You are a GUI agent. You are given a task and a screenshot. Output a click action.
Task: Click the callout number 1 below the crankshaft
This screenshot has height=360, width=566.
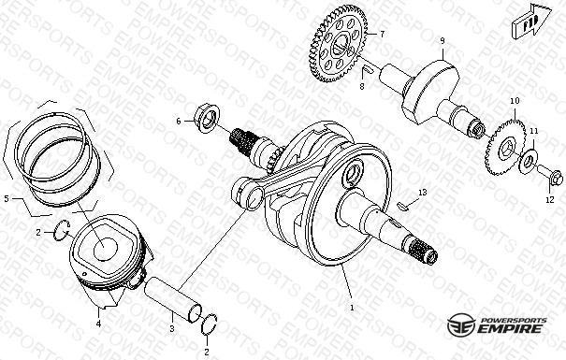tap(352, 308)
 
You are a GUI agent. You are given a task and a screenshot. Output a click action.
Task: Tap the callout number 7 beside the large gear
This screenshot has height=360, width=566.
tap(382, 35)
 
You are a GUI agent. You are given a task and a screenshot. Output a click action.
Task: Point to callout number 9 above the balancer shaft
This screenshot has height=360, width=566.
tap(443, 41)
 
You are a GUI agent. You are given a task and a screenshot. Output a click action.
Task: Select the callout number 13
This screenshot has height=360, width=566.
tap(422, 193)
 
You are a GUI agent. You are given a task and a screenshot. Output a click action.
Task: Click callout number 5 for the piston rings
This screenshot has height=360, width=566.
tap(7, 198)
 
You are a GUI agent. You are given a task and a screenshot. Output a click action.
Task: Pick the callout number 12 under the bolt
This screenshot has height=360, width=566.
tap(549, 199)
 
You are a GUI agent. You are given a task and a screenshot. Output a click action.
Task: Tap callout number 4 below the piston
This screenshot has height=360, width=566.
tap(98, 324)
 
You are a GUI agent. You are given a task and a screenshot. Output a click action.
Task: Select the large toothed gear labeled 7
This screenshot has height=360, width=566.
tap(338, 44)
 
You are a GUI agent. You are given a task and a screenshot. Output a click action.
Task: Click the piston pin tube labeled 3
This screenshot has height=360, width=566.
tap(172, 299)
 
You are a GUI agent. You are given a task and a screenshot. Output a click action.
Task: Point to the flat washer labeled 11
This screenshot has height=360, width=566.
tap(528, 161)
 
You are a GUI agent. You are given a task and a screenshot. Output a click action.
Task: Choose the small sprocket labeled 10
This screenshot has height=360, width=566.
tap(505, 147)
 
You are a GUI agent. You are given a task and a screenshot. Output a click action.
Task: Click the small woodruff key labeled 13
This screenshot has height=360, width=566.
tap(401, 207)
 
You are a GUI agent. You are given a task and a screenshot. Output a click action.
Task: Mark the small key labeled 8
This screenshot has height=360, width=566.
tap(368, 69)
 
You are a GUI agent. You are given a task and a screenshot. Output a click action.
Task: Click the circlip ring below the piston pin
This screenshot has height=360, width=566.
tap(209, 324)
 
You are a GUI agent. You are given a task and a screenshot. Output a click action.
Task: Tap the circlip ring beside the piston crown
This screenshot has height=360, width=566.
tap(62, 230)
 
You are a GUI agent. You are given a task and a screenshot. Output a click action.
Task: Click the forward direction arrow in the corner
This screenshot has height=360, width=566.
tap(531, 21)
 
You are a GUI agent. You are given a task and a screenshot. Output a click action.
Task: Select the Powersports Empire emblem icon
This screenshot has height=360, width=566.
tap(460, 324)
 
